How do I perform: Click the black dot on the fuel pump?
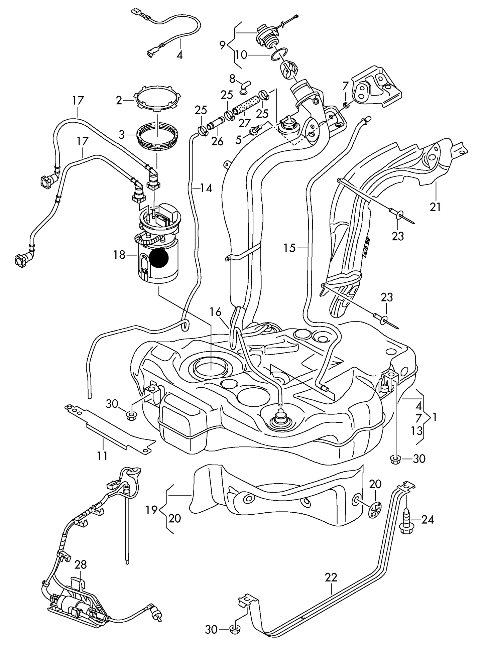pos(158,258)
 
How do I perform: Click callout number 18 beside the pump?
pos(119,255)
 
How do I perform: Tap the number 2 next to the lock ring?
pos(119,100)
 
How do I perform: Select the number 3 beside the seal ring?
pos(122,135)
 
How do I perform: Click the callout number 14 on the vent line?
pos(206,188)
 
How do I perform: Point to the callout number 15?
pos(290,248)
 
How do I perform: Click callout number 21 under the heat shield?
pos(435,207)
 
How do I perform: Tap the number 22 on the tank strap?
pos(331,577)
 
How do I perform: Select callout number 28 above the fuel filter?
pos(81,565)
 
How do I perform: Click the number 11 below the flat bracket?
pos(103,456)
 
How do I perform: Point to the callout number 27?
pos(245,123)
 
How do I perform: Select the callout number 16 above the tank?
pos(216,312)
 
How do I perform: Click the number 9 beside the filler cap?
pos(223,45)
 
